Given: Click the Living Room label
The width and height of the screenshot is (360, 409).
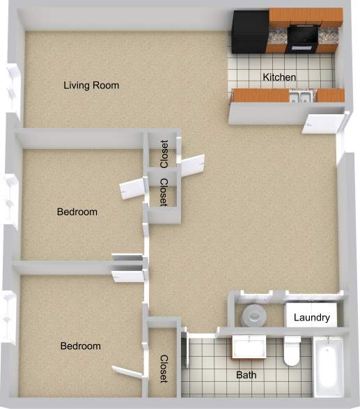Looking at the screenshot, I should click(91, 86).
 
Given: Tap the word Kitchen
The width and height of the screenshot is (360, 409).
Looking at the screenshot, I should click(279, 77).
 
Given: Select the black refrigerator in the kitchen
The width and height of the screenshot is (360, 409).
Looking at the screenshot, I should click(250, 31).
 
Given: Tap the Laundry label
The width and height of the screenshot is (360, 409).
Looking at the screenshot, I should click(311, 318).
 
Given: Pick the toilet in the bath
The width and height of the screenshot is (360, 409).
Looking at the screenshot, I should click(292, 352).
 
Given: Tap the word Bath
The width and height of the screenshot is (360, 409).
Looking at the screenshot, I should click(245, 375).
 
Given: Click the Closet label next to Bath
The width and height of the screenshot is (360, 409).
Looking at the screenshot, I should click(164, 369).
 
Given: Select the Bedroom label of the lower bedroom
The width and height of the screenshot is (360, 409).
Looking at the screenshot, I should click(80, 346).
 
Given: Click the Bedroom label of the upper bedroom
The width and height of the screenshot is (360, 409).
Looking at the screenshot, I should click(77, 212).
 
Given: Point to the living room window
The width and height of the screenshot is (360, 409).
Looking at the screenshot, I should click(12, 88).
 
